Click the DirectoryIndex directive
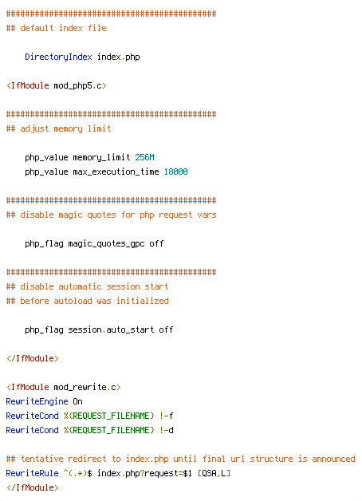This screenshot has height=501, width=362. click(58, 57)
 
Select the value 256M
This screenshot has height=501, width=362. click(144, 157)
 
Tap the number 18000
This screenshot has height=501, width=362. click(176, 172)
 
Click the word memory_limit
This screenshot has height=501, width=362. click(101, 157)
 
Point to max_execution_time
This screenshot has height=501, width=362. click(116, 172)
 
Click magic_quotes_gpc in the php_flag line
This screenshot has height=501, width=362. click(106, 244)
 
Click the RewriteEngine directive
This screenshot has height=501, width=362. click(37, 401)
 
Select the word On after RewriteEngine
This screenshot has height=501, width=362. click(77, 401)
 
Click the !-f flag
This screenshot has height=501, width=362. click(167, 416)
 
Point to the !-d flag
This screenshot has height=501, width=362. click(167, 430)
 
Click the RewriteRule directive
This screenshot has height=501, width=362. click(32, 473)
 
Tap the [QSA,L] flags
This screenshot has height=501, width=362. click(214, 473)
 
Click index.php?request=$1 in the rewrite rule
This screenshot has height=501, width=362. click(144, 474)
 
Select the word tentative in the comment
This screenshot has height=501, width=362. click(41, 459)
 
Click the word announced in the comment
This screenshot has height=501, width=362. click(333, 459)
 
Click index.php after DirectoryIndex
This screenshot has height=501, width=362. click(119, 57)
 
